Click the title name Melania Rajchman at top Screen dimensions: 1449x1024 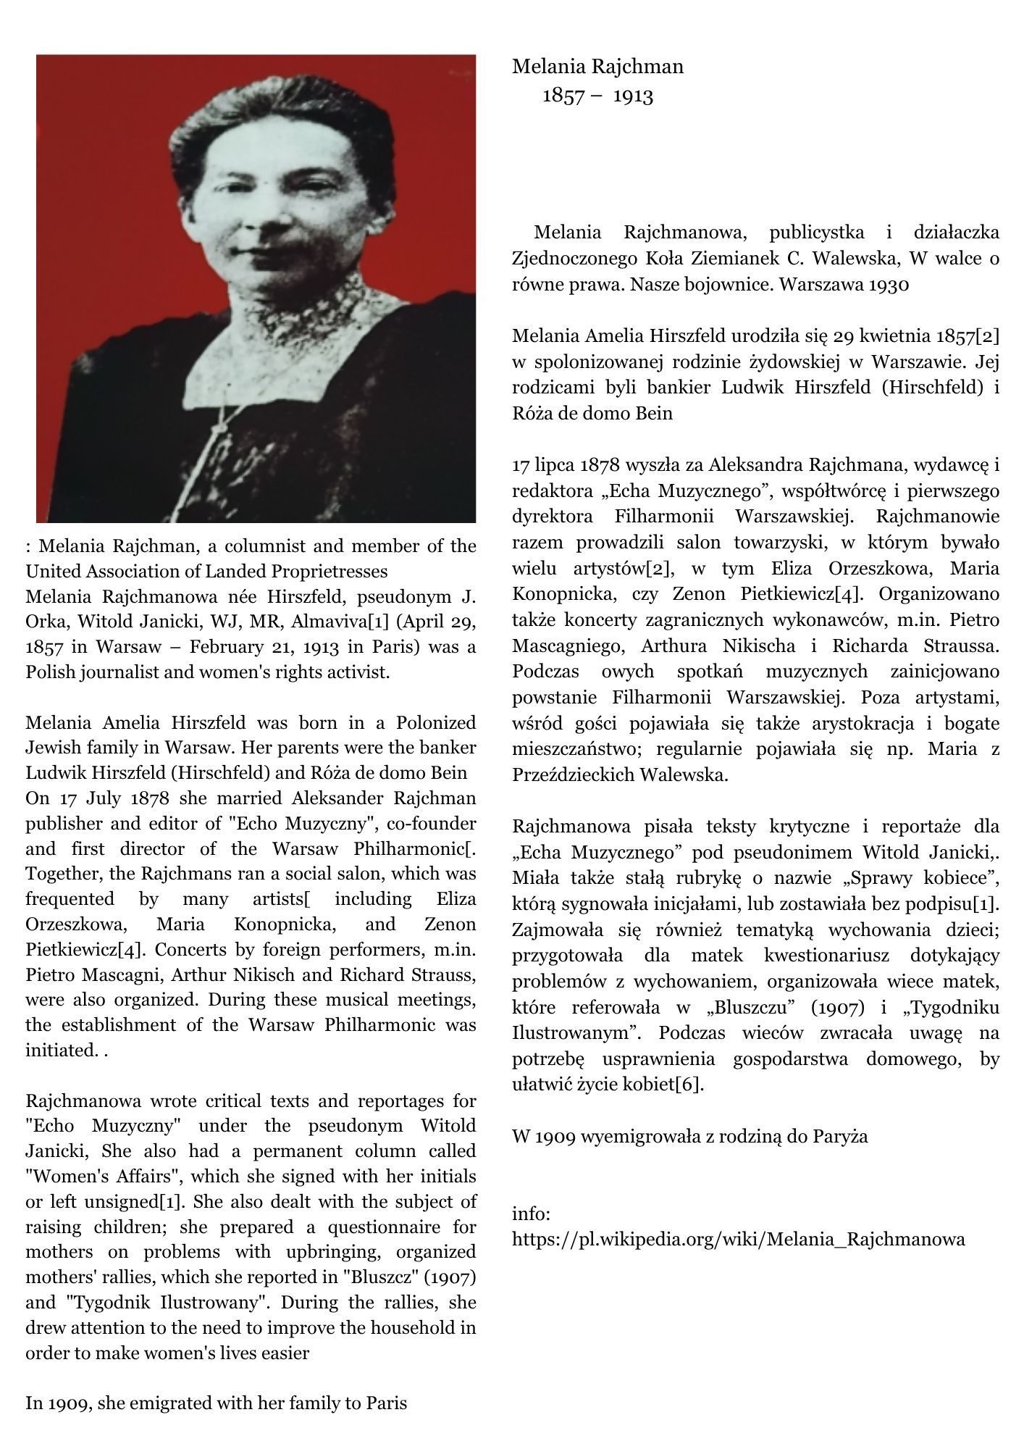tap(597, 67)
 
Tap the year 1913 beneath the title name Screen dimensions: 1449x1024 tap(633, 96)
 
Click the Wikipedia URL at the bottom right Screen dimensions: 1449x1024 tap(738, 1238)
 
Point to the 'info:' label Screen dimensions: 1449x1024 tap(532, 1213)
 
